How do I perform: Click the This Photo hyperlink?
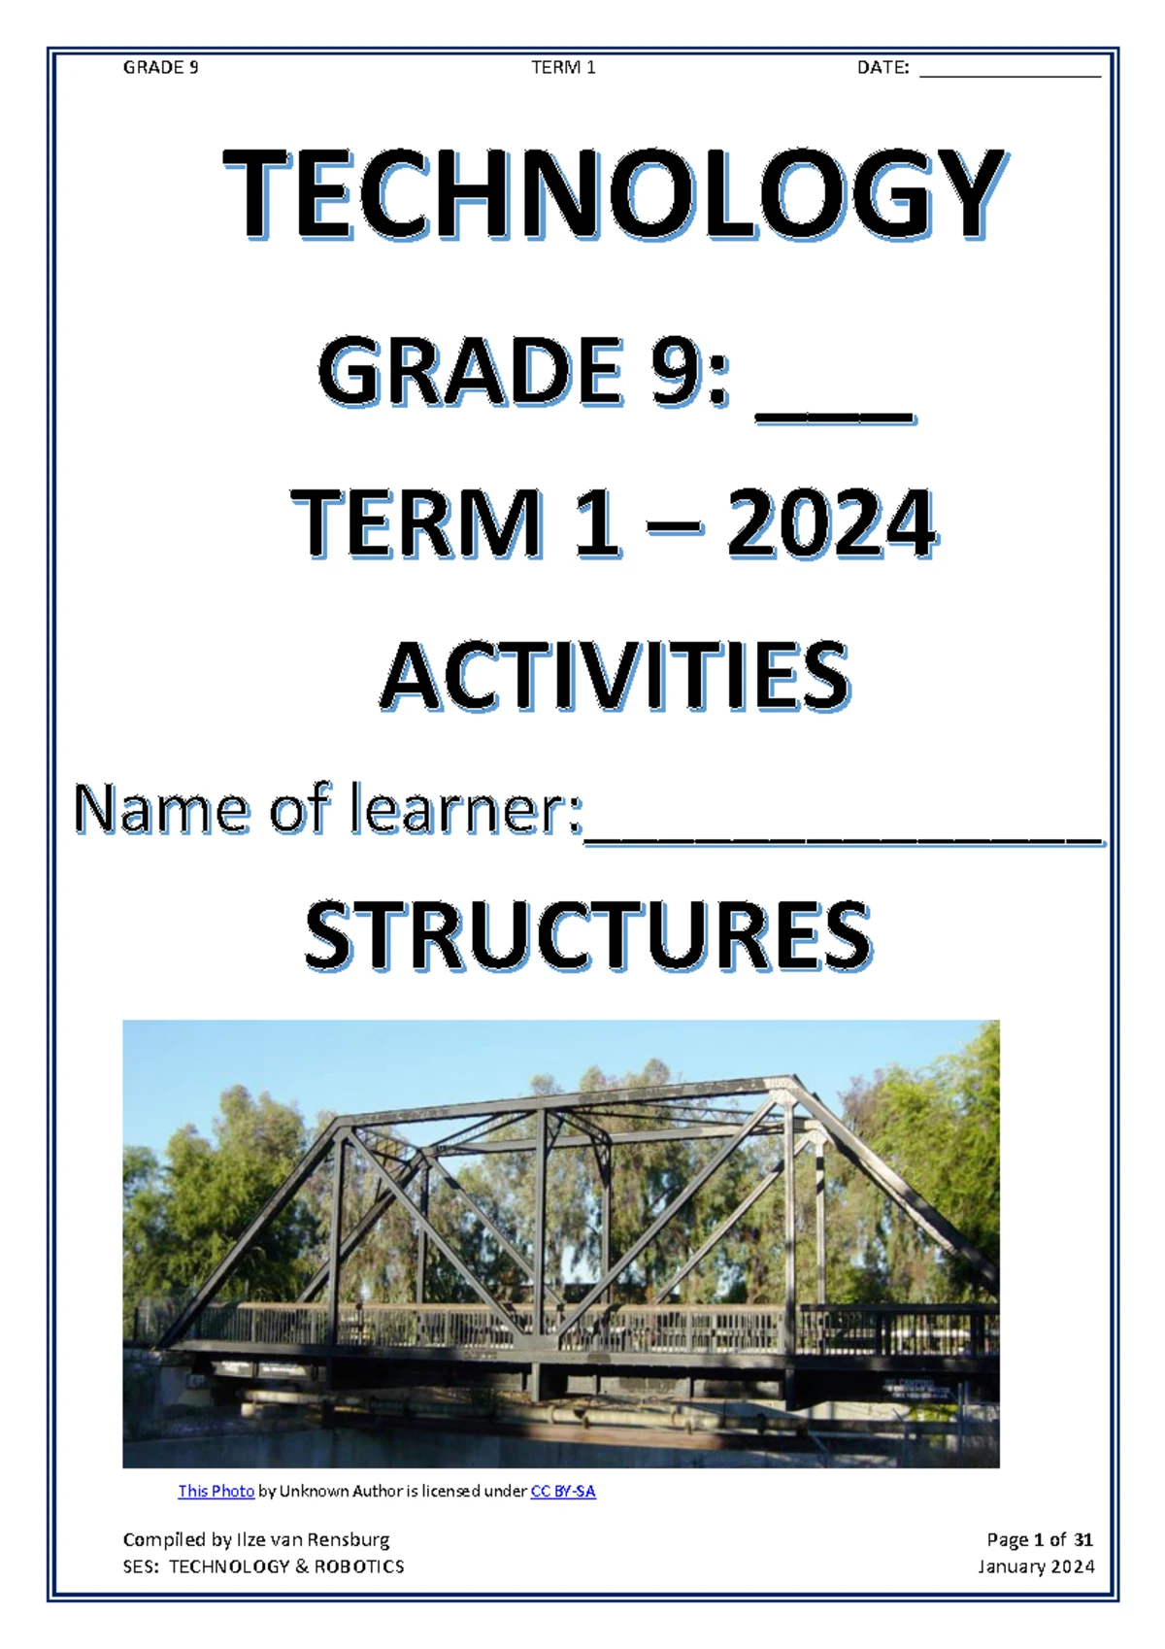216,1491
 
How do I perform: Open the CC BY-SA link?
563,1491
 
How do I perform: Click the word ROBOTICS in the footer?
358,1566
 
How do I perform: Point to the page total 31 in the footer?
1083,1539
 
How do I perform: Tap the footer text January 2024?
1036,1566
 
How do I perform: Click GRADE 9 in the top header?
160,67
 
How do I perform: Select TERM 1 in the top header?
563,67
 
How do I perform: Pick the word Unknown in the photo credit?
314,1491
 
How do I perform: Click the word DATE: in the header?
882,68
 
